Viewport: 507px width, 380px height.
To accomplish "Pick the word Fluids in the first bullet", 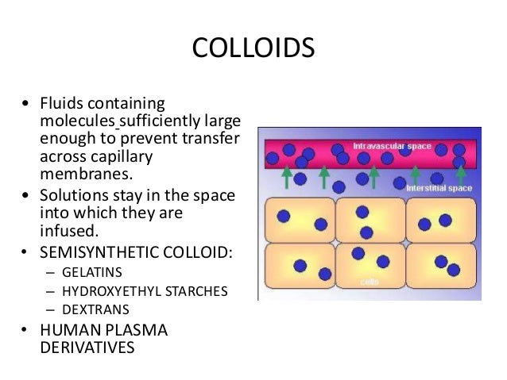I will pos(61,105).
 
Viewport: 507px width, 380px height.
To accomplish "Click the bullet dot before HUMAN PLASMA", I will pos(27,330).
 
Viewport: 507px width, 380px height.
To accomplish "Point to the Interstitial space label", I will pos(439,190).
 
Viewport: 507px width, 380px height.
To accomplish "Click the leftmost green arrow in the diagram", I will pos(286,176).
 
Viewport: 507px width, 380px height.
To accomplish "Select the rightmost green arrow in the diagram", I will pos(460,174).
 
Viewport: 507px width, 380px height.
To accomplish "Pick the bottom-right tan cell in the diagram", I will pos(440,267).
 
